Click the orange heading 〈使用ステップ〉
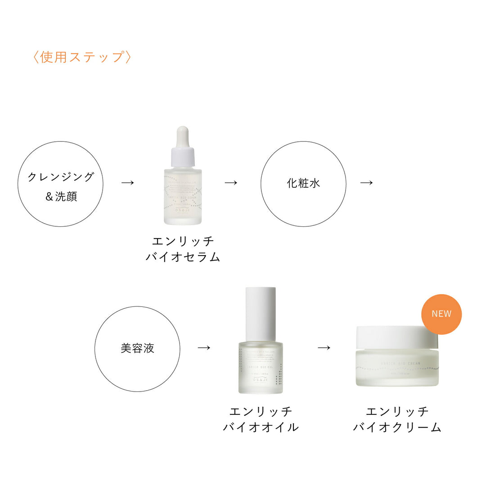click(x=82, y=57)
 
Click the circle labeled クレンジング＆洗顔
click(x=60, y=184)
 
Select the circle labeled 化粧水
click(x=303, y=184)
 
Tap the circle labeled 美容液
click(x=137, y=348)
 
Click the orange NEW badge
click(x=441, y=314)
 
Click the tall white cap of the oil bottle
click(x=261, y=314)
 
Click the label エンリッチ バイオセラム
click(x=183, y=249)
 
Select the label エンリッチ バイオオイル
click(x=261, y=419)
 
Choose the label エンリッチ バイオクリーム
click(x=397, y=419)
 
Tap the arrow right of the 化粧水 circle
click(x=367, y=182)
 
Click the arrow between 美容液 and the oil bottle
click(x=204, y=347)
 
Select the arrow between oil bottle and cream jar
click(x=324, y=347)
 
